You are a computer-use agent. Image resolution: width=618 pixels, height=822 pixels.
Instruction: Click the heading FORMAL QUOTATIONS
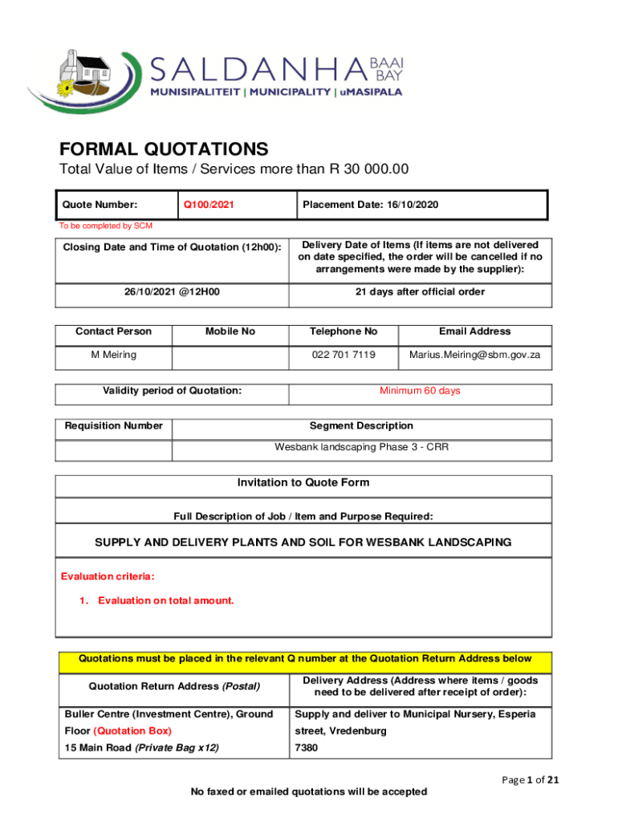pyautogui.click(x=164, y=149)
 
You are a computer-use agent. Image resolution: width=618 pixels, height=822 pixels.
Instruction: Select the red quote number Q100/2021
pyautogui.click(x=209, y=205)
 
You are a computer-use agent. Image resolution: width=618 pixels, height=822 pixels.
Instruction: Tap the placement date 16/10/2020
pyautogui.click(x=370, y=205)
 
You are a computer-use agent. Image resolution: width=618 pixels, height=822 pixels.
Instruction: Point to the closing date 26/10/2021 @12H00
pyautogui.click(x=169, y=292)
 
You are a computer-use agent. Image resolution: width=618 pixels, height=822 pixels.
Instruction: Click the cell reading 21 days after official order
pyautogui.click(x=420, y=292)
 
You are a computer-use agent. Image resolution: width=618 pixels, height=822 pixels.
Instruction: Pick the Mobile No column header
pyautogui.click(x=230, y=332)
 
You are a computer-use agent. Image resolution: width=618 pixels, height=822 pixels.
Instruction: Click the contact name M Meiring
pyautogui.click(x=113, y=355)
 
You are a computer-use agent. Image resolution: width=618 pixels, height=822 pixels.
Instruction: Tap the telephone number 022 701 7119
pyautogui.click(x=344, y=355)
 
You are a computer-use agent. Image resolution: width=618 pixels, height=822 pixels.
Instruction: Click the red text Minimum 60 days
pyautogui.click(x=420, y=391)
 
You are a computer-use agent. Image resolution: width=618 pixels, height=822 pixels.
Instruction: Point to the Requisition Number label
pyautogui.click(x=113, y=426)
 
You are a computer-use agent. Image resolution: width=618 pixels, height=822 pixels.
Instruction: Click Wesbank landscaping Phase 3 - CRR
pyautogui.click(x=361, y=447)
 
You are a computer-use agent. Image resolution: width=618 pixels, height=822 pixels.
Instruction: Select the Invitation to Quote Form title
pyautogui.click(x=303, y=483)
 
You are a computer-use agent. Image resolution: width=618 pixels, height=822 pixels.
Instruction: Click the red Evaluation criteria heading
pyautogui.click(x=108, y=576)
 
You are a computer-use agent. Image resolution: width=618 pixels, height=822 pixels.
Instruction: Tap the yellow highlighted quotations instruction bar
pyautogui.click(x=305, y=659)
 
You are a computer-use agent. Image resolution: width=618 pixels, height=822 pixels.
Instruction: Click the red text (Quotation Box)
pyautogui.click(x=132, y=731)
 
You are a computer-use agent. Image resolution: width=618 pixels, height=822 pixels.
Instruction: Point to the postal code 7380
pyautogui.click(x=307, y=748)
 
